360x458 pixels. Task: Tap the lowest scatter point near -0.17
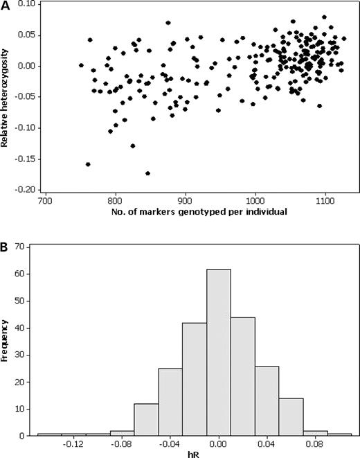pyautogui.click(x=147, y=173)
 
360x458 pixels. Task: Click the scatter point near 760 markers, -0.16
pyautogui.click(x=88, y=164)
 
